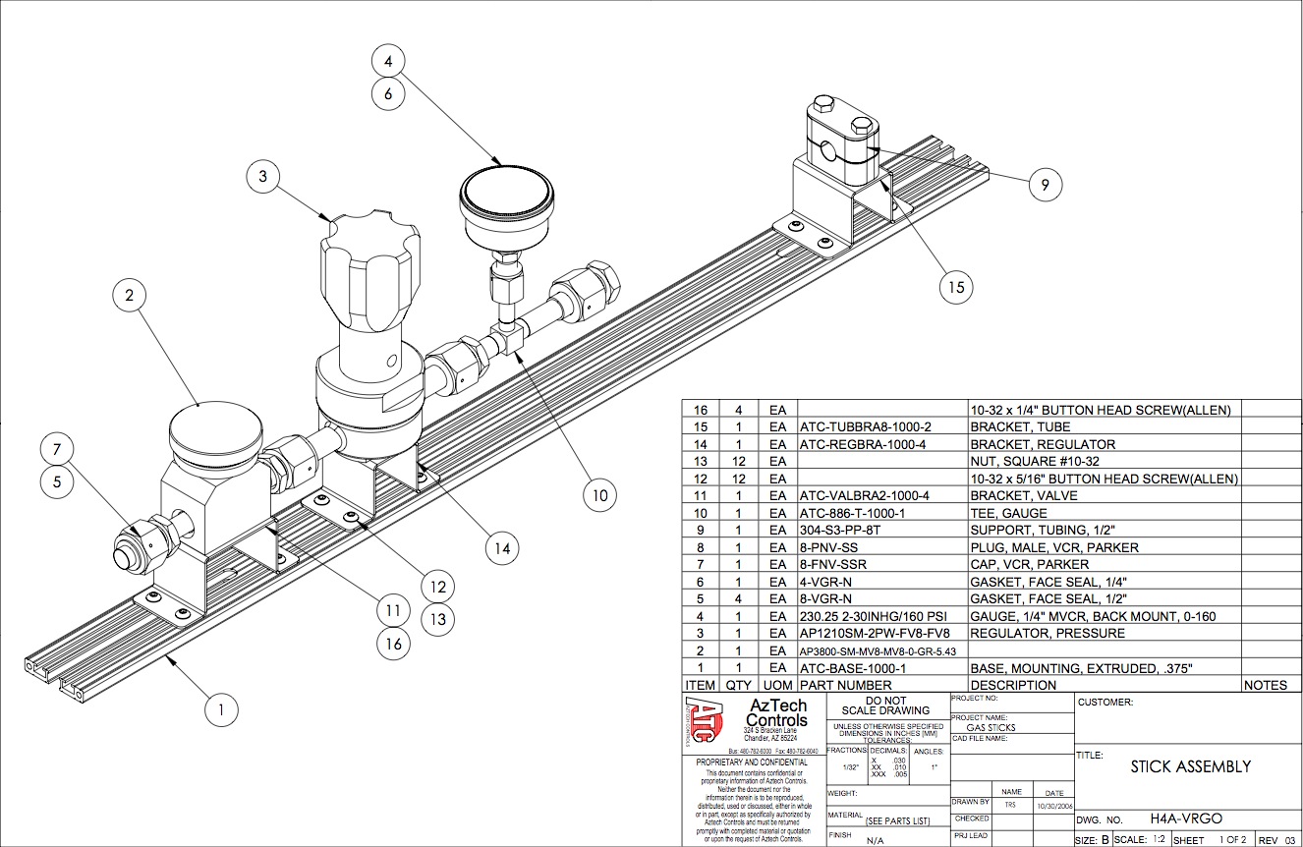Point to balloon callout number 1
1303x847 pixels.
pyautogui.click(x=221, y=707)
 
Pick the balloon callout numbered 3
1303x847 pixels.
pyautogui.click(x=260, y=177)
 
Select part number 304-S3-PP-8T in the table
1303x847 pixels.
pyautogui.click(x=843, y=531)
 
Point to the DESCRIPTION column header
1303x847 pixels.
pyautogui.click(x=1013, y=685)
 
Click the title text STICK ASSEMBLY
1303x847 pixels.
pyautogui.click(x=1190, y=766)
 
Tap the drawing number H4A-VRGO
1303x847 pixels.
pyautogui.click(x=1186, y=819)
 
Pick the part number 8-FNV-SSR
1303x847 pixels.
pyautogui.click(x=833, y=564)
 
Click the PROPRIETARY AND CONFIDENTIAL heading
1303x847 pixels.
pyautogui.click(x=752, y=762)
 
